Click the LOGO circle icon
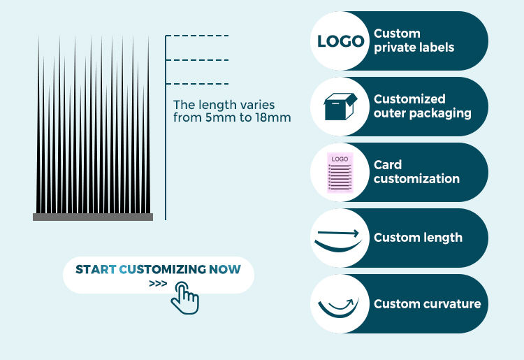[340, 41]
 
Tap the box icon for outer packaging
[340, 106]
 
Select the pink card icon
[340, 172]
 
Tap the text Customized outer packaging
[422, 106]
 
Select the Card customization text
[416, 172]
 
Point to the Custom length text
[418, 238]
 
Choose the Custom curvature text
[427, 303]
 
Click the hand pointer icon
[185, 298]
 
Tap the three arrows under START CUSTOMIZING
[158, 285]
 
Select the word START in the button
[96, 269]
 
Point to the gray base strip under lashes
[92, 217]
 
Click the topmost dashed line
[197, 36]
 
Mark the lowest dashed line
[197, 83]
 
